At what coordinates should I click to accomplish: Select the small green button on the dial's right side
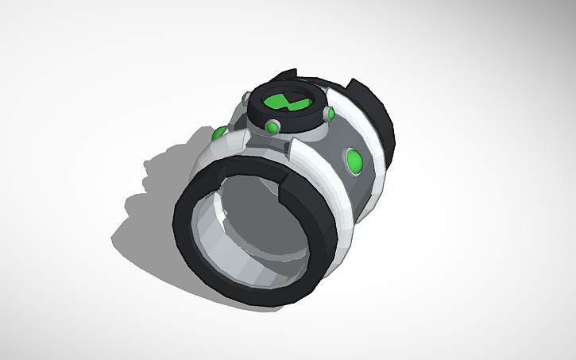[x=329, y=115]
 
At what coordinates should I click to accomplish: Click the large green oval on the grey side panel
[x=354, y=163]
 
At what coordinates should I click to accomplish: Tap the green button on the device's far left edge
[x=216, y=133]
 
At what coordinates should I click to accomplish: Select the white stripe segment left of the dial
[x=230, y=143]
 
